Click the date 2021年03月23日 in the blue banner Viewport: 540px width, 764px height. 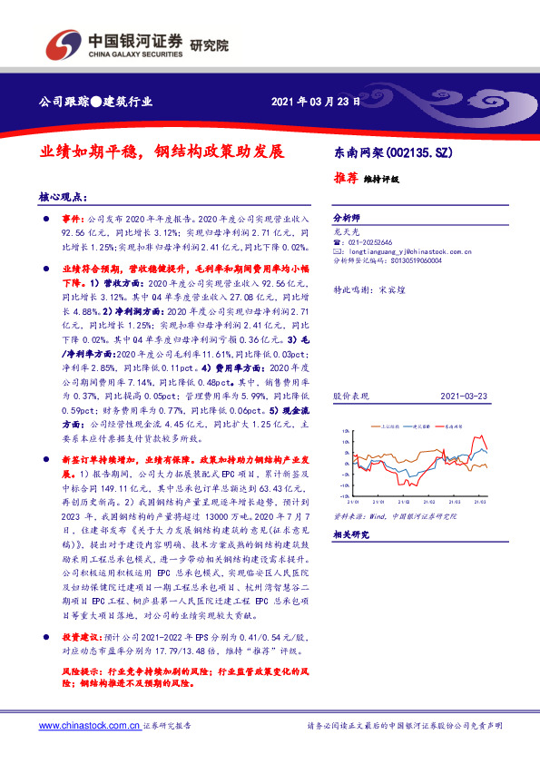(x=316, y=101)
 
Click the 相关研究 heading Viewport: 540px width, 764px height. (x=349, y=535)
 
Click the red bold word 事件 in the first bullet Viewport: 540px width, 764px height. (x=72, y=220)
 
